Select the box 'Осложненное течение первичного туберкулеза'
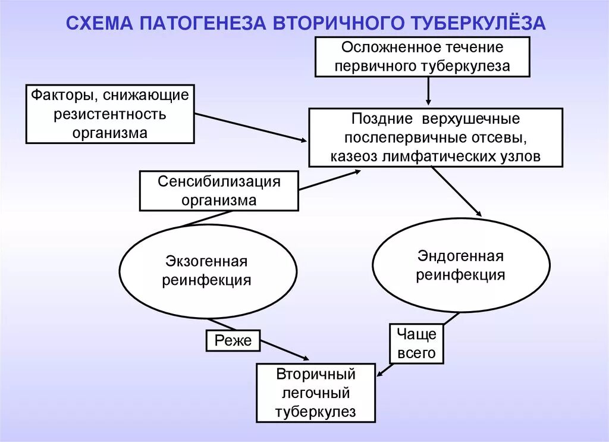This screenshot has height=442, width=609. [422, 57]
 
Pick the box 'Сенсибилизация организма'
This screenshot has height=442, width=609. [219, 191]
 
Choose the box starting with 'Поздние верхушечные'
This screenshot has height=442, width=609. [435, 138]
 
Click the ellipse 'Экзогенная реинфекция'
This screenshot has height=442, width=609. [208, 271]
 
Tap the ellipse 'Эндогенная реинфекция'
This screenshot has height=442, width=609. [461, 265]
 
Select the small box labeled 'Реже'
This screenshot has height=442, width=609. [233, 340]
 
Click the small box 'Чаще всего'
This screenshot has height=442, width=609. [417, 343]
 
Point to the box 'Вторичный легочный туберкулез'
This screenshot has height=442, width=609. [316, 393]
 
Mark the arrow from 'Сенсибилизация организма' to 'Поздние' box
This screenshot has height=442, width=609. [329, 180]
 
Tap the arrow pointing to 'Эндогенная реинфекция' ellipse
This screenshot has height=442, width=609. [457, 191]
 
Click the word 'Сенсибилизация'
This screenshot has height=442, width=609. [219, 181]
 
